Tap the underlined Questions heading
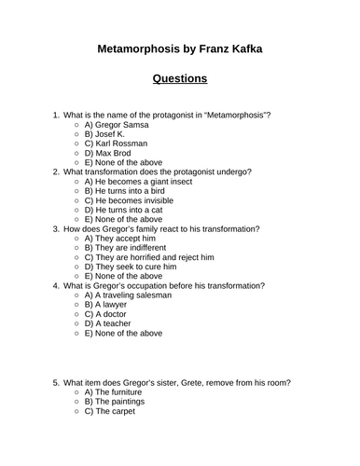(179, 79)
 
